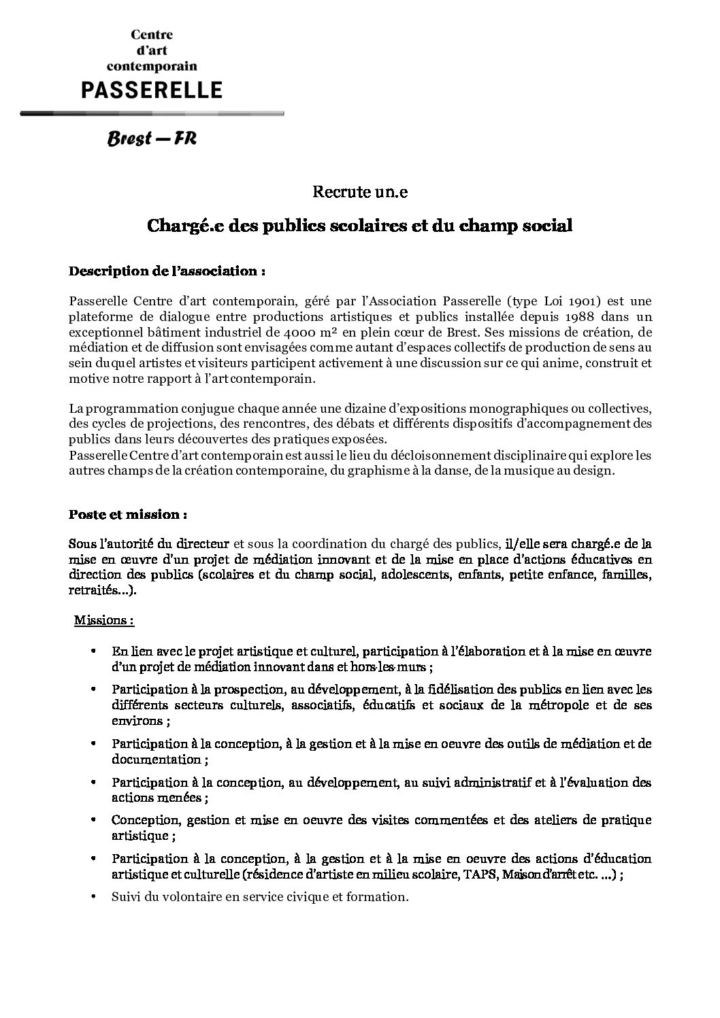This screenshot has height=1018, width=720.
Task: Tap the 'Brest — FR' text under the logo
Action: pyautogui.click(x=152, y=139)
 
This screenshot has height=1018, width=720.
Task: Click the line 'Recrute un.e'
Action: pyautogui.click(x=359, y=192)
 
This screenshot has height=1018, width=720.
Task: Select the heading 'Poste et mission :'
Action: pyautogui.click(x=128, y=514)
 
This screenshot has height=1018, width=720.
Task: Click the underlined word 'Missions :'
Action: pyautogui.click(x=103, y=620)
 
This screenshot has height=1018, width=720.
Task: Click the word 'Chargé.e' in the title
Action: pyautogui.click(x=179, y=226)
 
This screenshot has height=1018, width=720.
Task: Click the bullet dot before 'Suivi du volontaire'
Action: pyautogui.click(x=93, y=897)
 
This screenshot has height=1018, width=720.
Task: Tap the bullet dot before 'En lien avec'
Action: pyautogui.click(x=93, y=651)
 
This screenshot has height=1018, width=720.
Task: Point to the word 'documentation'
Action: pyautogui.click(x=157, y=760)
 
